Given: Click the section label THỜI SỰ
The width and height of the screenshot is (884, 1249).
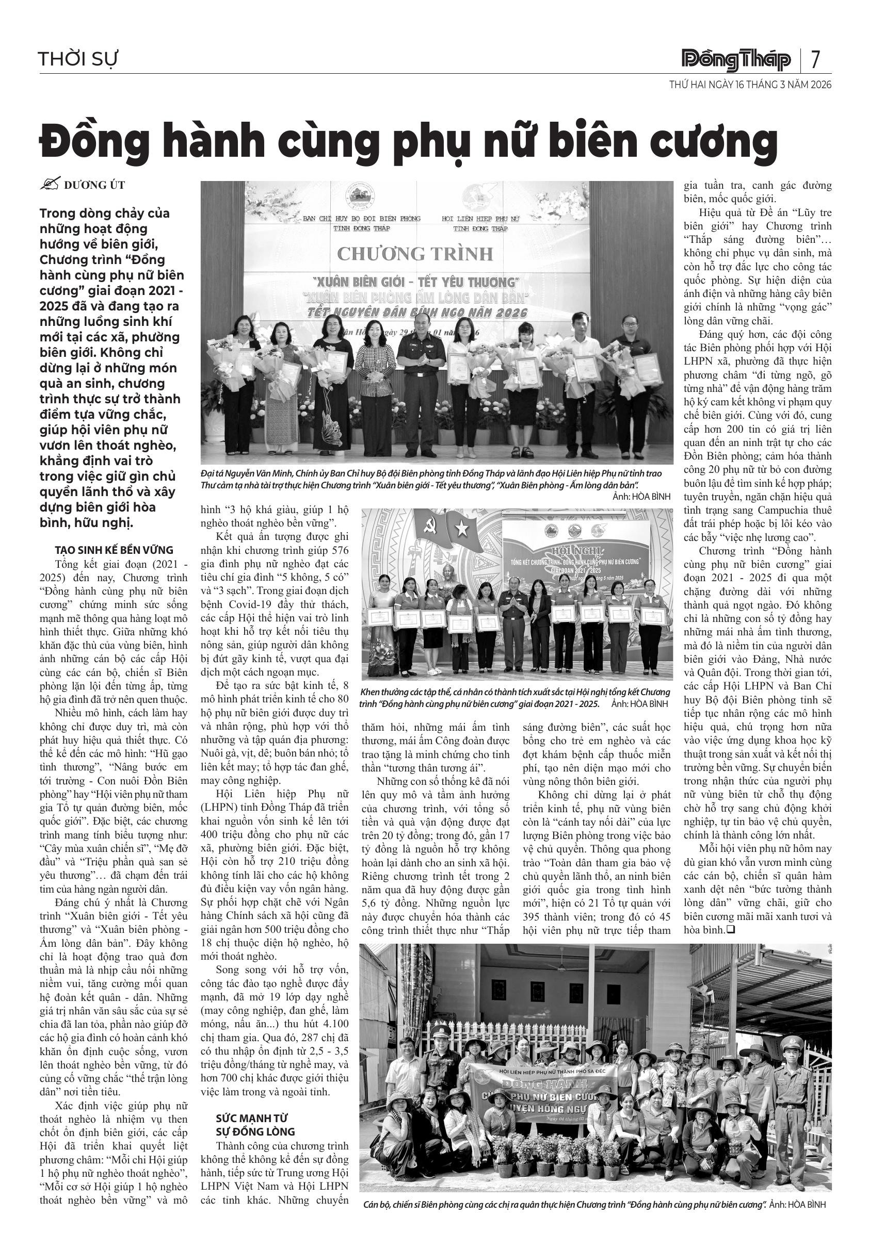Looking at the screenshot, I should (x=78, y=59).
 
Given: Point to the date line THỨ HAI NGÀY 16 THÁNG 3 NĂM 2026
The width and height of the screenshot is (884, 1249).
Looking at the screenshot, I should (x=750, y=85).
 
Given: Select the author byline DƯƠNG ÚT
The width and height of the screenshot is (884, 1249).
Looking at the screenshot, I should (x=95, y=185).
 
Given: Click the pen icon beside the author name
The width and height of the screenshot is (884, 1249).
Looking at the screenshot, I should (x=50, y=185).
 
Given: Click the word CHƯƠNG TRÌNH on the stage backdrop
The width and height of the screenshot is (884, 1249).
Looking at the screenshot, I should (x=415, y=254).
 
